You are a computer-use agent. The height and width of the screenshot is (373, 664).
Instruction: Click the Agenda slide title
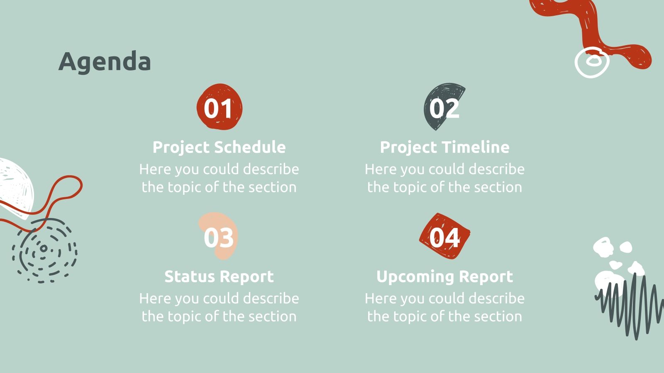tap(105, 62)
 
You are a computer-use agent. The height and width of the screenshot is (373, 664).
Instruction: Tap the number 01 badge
tap(219, 108)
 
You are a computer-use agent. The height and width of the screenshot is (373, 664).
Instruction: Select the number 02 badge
tap(444, 108)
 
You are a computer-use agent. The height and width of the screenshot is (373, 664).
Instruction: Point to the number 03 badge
tap(219, 237)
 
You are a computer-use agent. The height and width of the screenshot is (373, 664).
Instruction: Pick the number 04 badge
tap(444, 237)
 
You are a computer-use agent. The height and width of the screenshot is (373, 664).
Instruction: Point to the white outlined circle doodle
tap(592, 63)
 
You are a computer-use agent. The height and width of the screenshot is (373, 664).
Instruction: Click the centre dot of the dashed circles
tap(44, 249)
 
